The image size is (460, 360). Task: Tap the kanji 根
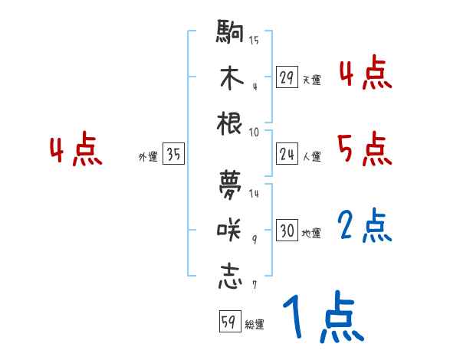coord(230,123)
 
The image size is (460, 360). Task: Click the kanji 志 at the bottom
coord(230,274)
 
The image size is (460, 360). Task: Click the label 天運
coord(311,80)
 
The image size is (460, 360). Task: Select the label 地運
coord(311,233)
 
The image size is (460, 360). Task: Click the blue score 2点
coord(364,225)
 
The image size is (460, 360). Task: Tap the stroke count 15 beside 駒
coord(254,40)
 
